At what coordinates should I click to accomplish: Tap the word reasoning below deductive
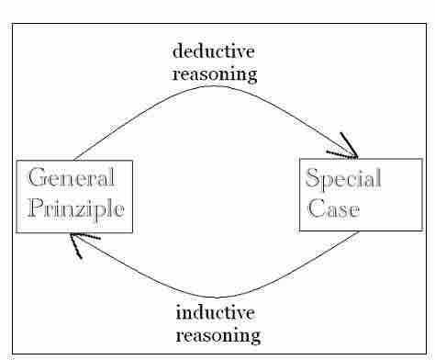click(x=215, y=73)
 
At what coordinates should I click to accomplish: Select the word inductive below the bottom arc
click(x=217, y=313)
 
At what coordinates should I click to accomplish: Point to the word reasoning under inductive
click(x=217, y=334)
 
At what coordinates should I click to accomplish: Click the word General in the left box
click(x=72, y=179)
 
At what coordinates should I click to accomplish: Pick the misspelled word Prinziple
click(x=75, y=208)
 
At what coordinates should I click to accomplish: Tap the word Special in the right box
click(x=344, y=178)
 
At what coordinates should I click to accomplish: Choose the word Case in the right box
click(x=329, y=208)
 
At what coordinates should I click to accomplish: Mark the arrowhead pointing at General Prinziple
click(x=81, y=242)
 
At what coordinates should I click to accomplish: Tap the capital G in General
click(x=39, y=179)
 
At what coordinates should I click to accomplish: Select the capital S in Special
click(x=313, y=178)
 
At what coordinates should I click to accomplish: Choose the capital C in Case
click(x=315, y=208)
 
